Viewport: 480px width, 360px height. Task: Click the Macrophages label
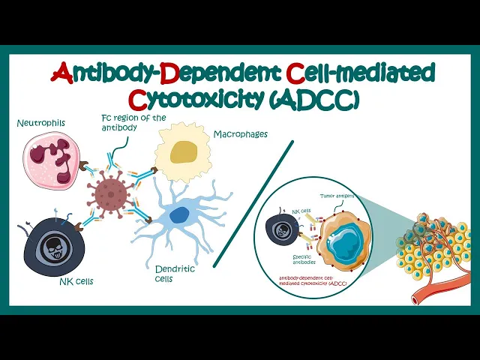(x=241, y=134)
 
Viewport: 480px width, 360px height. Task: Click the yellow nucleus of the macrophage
(x=183, y=152)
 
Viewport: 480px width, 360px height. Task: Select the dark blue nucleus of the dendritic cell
(x=178, y=215)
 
